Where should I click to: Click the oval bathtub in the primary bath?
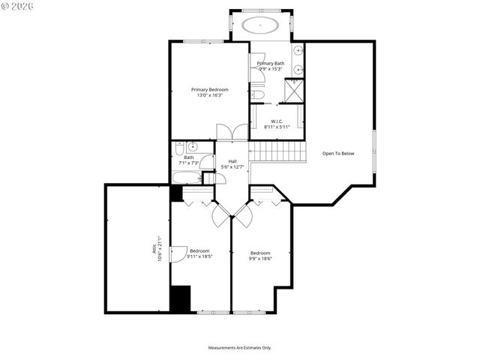click(261, 25)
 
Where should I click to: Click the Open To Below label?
click(337, 154)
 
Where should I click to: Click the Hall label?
click(232, 161)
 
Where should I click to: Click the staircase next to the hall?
click(278, 152)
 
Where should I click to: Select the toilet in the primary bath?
click(256, 95)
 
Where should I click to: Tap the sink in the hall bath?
click(192, 146)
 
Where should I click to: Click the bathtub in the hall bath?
click(185, 178)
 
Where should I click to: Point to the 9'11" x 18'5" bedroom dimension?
click(199, 256)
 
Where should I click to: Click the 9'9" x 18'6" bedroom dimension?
click(260, 258)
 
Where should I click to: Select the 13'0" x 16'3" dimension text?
click(208, 95)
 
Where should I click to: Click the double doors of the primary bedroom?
click(230, 130)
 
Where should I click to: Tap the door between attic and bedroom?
click(178, 253)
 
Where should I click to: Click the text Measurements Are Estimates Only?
click(239, 347)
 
